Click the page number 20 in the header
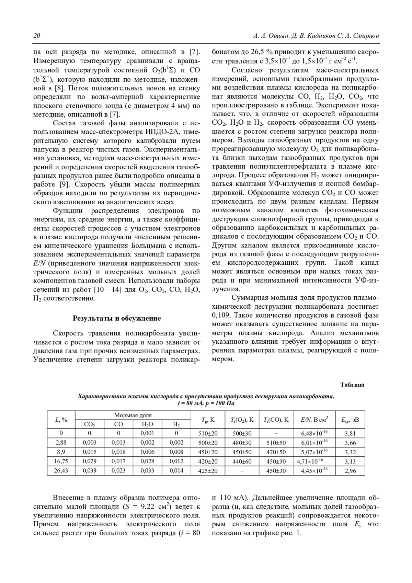(36, 36)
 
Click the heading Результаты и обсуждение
(117, 318)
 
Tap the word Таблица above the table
(352, 385)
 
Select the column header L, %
(61, 419)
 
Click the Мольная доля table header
(133, 415)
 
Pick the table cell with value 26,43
(61, 470)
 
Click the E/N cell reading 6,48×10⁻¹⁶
(314, 433)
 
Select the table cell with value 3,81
(350, 433)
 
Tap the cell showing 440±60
(242, 461)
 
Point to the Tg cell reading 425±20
(208, 471)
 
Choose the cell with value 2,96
(350, 471)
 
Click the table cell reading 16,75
(61, 461)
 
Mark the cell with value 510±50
(276, 443)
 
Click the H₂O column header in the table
(147, 424)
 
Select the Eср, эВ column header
(350, 420)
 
